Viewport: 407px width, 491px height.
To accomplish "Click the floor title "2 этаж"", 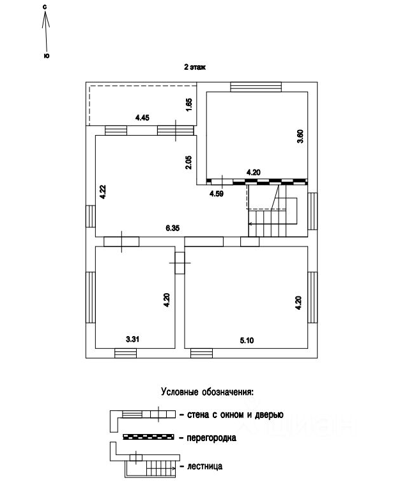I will tap(195, 67).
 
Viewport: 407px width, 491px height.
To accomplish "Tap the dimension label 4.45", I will tap(142, 117).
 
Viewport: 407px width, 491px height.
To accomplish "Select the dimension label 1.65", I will tap(189, 104).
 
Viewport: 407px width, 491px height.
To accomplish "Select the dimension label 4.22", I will tap(102, 193).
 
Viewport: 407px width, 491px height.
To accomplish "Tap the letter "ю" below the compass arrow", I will tap(46, 56).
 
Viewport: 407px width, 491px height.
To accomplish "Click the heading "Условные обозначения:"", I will tap(207, 392).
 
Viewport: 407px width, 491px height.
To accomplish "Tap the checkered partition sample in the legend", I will tap(148, 438).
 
